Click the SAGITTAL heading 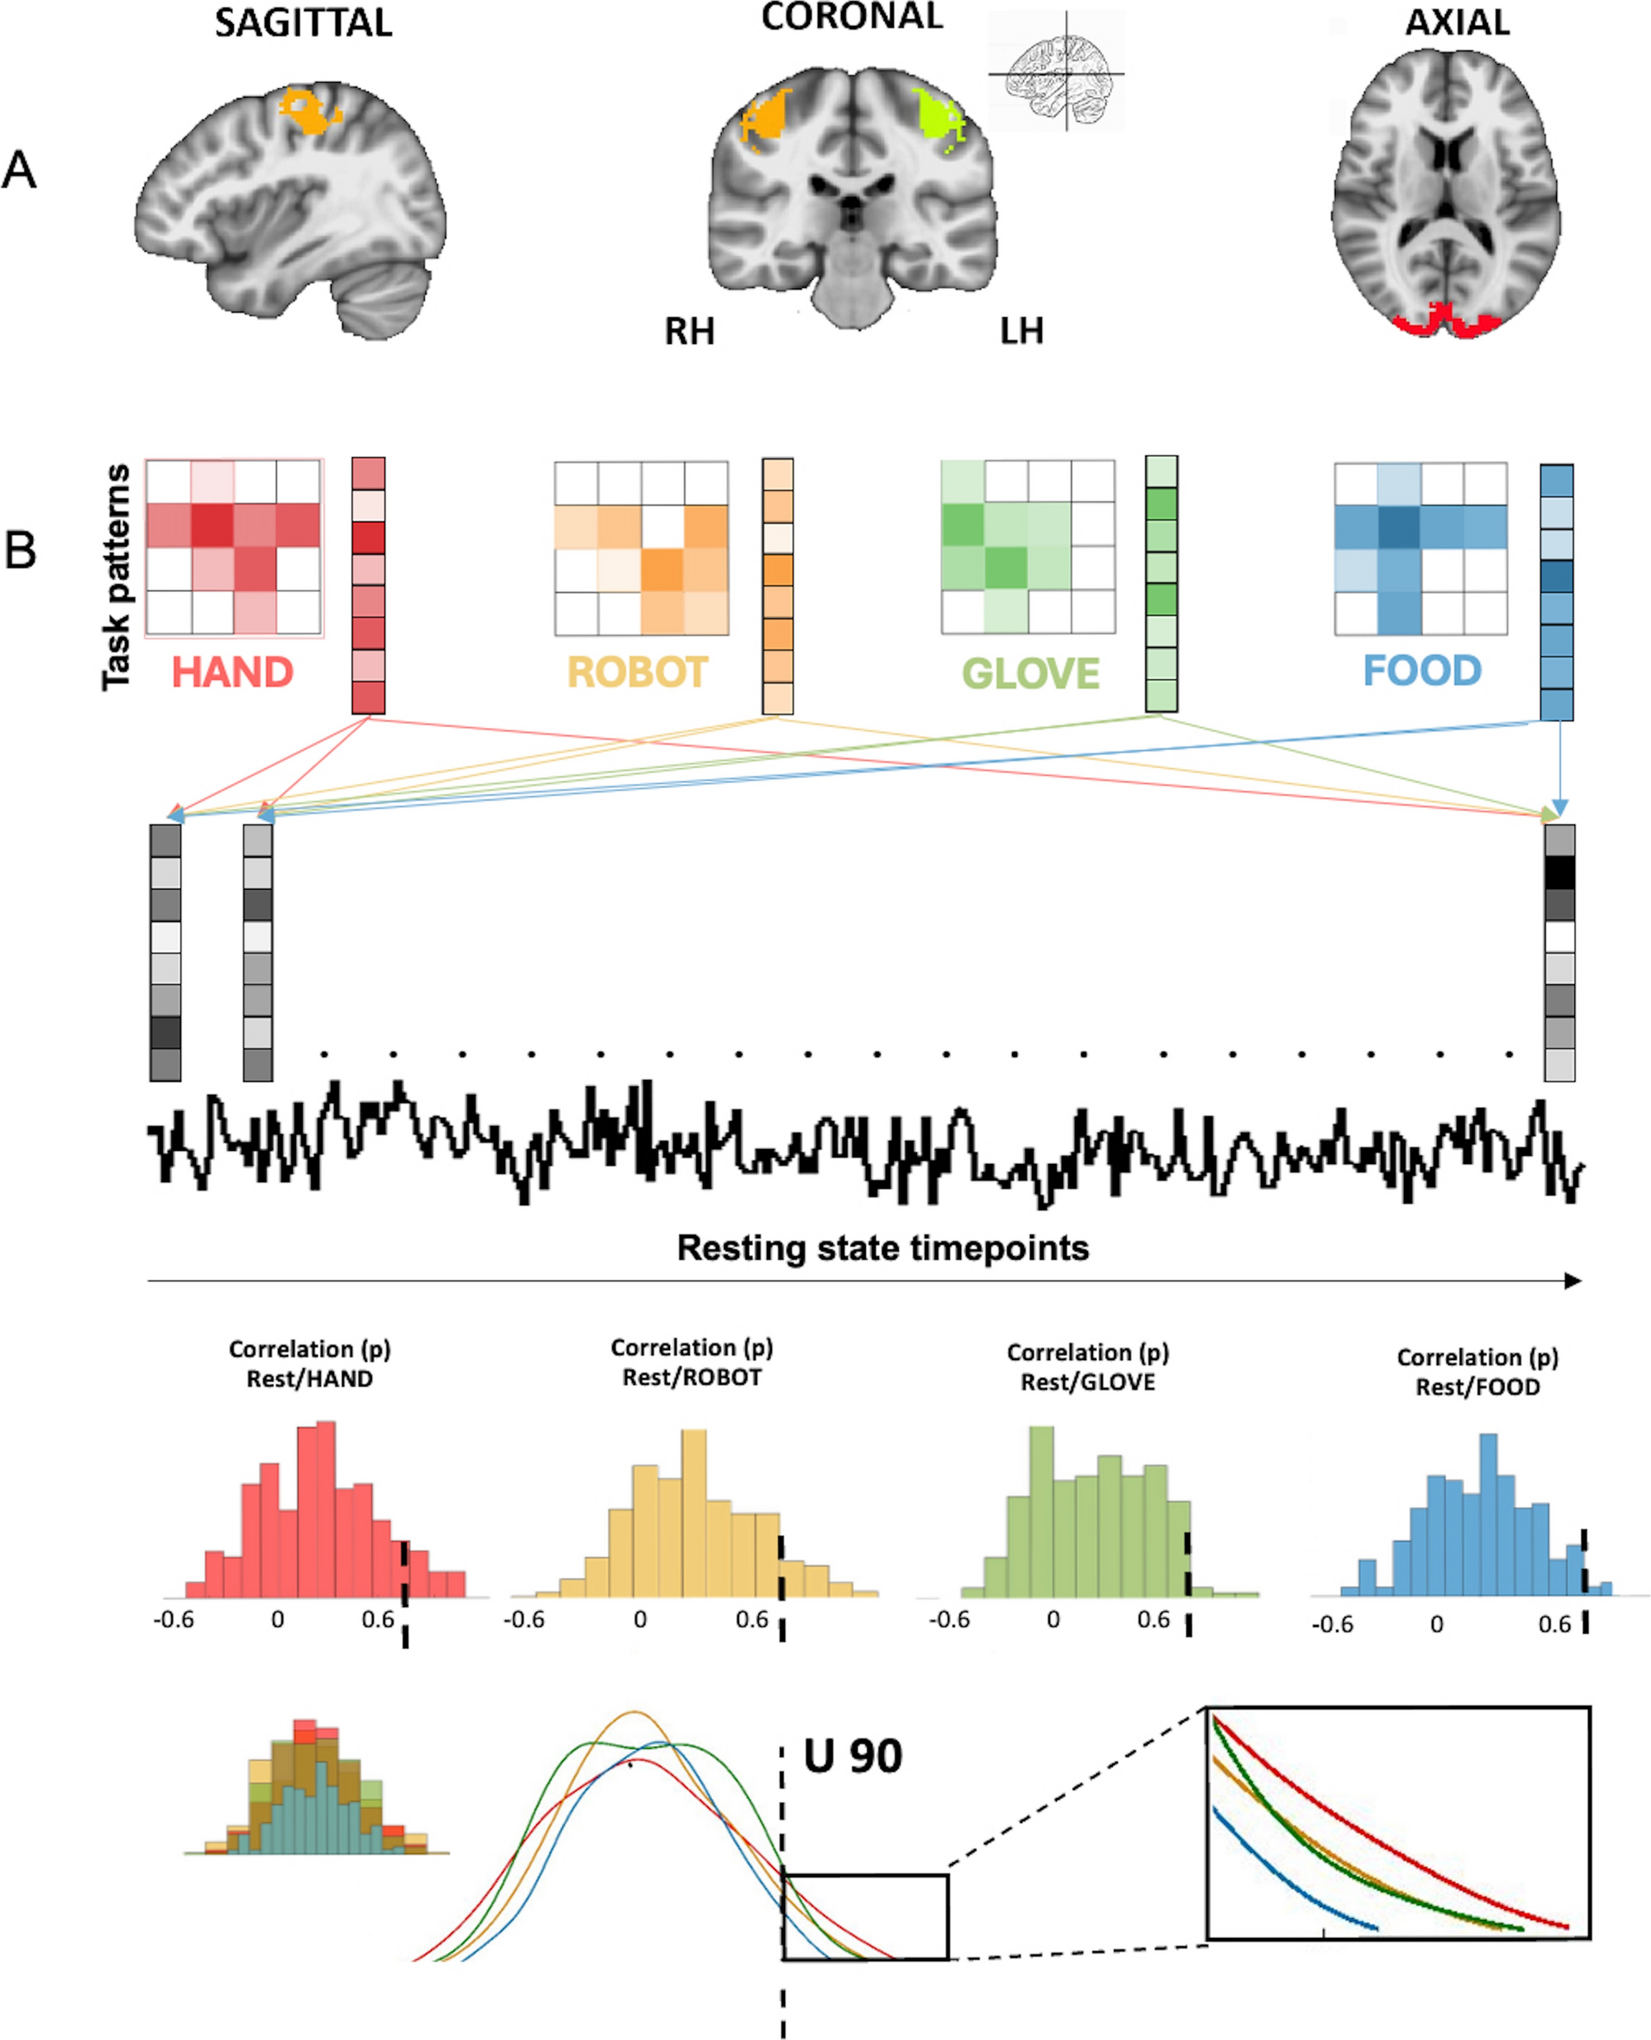pos(302,22)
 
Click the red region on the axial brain pos(1445,323)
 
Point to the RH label pos(690,331)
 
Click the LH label pos(1022,330)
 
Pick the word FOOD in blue pos(1422,670)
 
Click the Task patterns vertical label pos(116,576)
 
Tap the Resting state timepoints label pos(882,1248)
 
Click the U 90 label pos(852,1757)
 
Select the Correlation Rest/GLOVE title pos(1087,1367)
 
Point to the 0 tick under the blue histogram pos(1436,1624)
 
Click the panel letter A pos(19,171)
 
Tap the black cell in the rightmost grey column pos(1559,873)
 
